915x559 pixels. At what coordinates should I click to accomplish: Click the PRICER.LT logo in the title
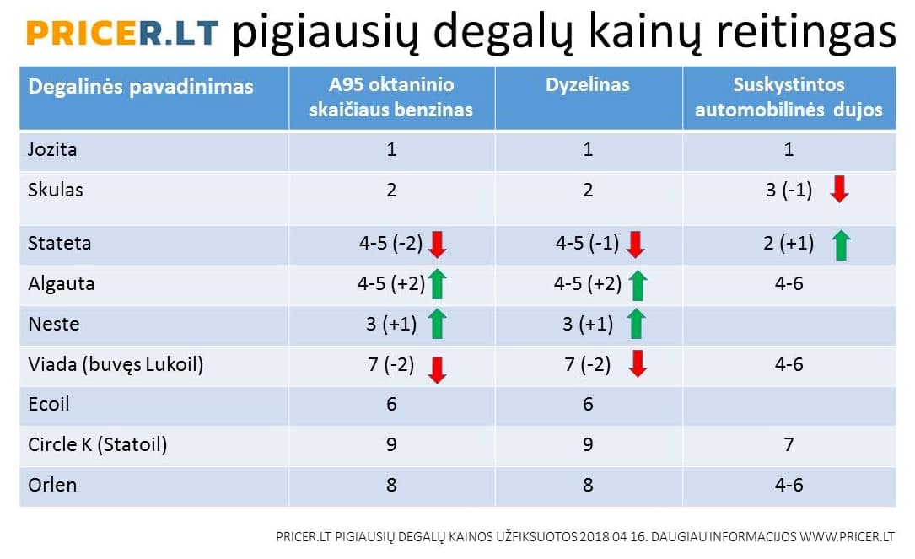pos(122,33)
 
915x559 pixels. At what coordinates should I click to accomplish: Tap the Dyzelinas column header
pos(588,84)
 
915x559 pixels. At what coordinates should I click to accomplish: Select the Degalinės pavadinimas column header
pos(141,87)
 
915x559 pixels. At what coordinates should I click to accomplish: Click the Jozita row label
pos(52,149)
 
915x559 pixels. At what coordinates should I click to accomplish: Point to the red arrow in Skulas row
pos(839,189)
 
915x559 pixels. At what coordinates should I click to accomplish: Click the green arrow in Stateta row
pos(841,245)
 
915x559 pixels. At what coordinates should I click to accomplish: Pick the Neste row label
pos(54,324)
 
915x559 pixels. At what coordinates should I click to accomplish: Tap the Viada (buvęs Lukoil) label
pos(116,365)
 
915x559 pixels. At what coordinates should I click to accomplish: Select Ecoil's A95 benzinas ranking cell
pos(391,404)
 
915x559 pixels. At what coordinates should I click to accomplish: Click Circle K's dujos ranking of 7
pos(789,444)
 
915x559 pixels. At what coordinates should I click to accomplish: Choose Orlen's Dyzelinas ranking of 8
pos(588,485)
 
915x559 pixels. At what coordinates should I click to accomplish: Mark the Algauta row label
pos(62,284)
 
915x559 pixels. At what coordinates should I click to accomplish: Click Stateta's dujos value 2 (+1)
pos(789,243)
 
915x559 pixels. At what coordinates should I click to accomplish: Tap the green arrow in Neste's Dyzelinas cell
pos(636,324)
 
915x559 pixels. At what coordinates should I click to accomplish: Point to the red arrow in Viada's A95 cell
pos(437,369)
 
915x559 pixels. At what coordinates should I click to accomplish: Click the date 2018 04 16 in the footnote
pos(612,537)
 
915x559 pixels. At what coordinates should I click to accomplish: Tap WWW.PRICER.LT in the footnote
pos(847,537)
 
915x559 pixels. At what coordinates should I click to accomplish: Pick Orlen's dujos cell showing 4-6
pos(789,485)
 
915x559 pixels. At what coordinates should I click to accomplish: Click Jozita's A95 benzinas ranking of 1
pos(391,150)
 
